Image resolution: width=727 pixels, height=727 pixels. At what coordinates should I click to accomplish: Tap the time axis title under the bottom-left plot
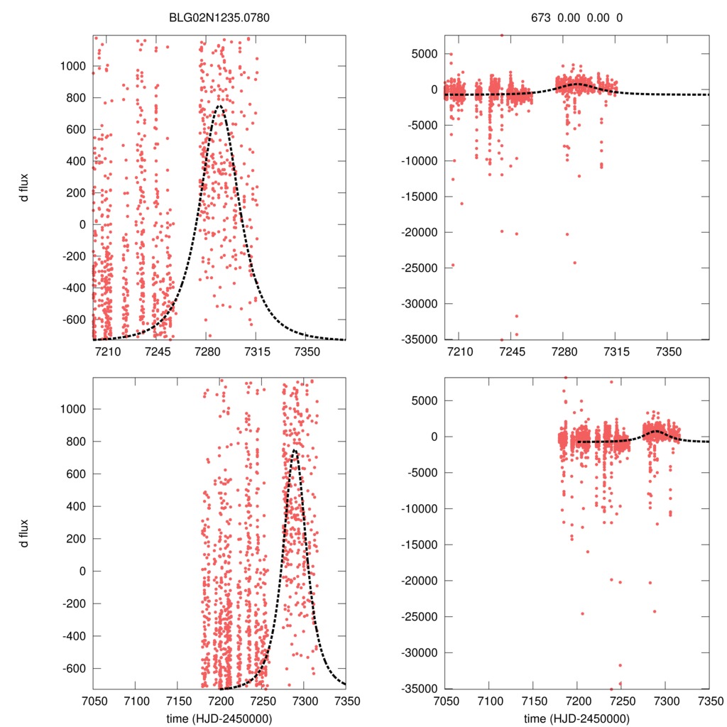click(219, 718)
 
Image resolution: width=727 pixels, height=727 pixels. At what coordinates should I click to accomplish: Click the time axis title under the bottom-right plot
click(577, 718)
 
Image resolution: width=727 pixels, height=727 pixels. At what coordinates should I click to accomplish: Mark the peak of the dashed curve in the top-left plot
click(219, 106)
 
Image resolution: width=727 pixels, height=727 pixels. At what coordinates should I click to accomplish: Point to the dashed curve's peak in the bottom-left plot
click(294, 449)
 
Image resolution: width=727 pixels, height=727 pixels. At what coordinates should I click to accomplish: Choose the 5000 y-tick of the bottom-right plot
click(423, 400)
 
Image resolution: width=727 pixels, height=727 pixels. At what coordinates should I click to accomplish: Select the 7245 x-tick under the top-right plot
click(510, 353)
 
